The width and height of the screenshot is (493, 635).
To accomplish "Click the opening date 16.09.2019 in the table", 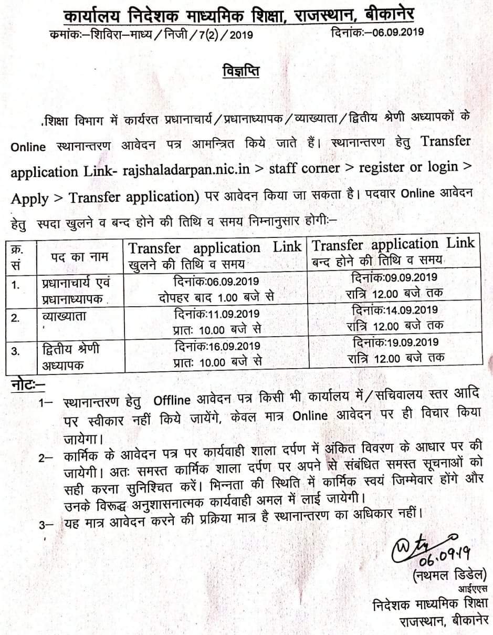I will tap(232, 346).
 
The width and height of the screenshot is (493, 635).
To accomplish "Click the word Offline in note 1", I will tap(172, 401).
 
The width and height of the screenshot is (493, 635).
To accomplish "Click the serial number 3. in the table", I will tap(16, 351).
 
